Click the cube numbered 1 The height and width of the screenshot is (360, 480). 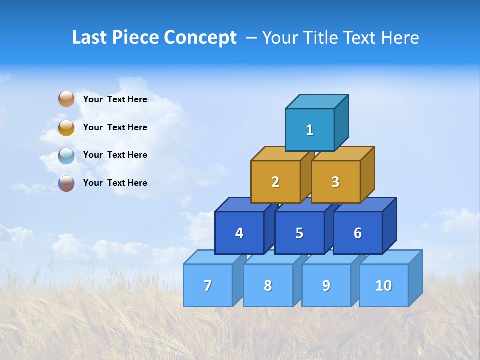coord(310,130)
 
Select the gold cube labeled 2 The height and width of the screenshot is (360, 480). coord(275,182)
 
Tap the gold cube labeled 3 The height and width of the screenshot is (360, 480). coord(335,182)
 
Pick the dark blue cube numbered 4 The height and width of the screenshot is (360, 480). coord(239,233)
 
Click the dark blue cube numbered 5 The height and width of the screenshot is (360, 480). coord(299,233)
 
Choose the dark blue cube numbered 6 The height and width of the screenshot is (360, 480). coord(358,233)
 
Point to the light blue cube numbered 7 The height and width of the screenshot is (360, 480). coord(208,285)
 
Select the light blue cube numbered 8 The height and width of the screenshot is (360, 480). coord(268,285)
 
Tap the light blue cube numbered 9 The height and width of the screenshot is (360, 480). coord(326,285)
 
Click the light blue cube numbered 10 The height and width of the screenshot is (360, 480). coord(384,285)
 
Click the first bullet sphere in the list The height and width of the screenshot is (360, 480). coord(66,99)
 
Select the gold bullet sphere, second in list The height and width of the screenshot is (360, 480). coord(66,127)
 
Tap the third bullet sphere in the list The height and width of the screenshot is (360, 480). coord(66,155)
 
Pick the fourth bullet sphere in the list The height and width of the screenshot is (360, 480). coord(66,183)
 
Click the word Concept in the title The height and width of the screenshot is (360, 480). coord(200,38)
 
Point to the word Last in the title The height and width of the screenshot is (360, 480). coord(90,38)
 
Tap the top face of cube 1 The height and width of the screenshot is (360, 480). coord(317,102)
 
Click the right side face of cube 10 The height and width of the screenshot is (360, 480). coord(416,278)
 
